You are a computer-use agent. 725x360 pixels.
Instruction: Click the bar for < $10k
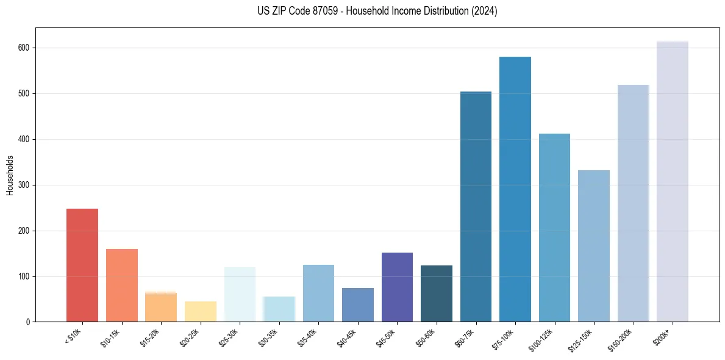pos(82,265)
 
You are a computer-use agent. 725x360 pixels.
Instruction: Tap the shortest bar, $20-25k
pos(200,312)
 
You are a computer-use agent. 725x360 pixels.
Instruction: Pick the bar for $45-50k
pos(397,287)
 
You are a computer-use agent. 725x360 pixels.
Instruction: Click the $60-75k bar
pos(476,207)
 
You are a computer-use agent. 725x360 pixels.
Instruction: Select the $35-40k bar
pos(318,293)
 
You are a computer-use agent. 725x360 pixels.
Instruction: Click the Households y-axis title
pos(10,175)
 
